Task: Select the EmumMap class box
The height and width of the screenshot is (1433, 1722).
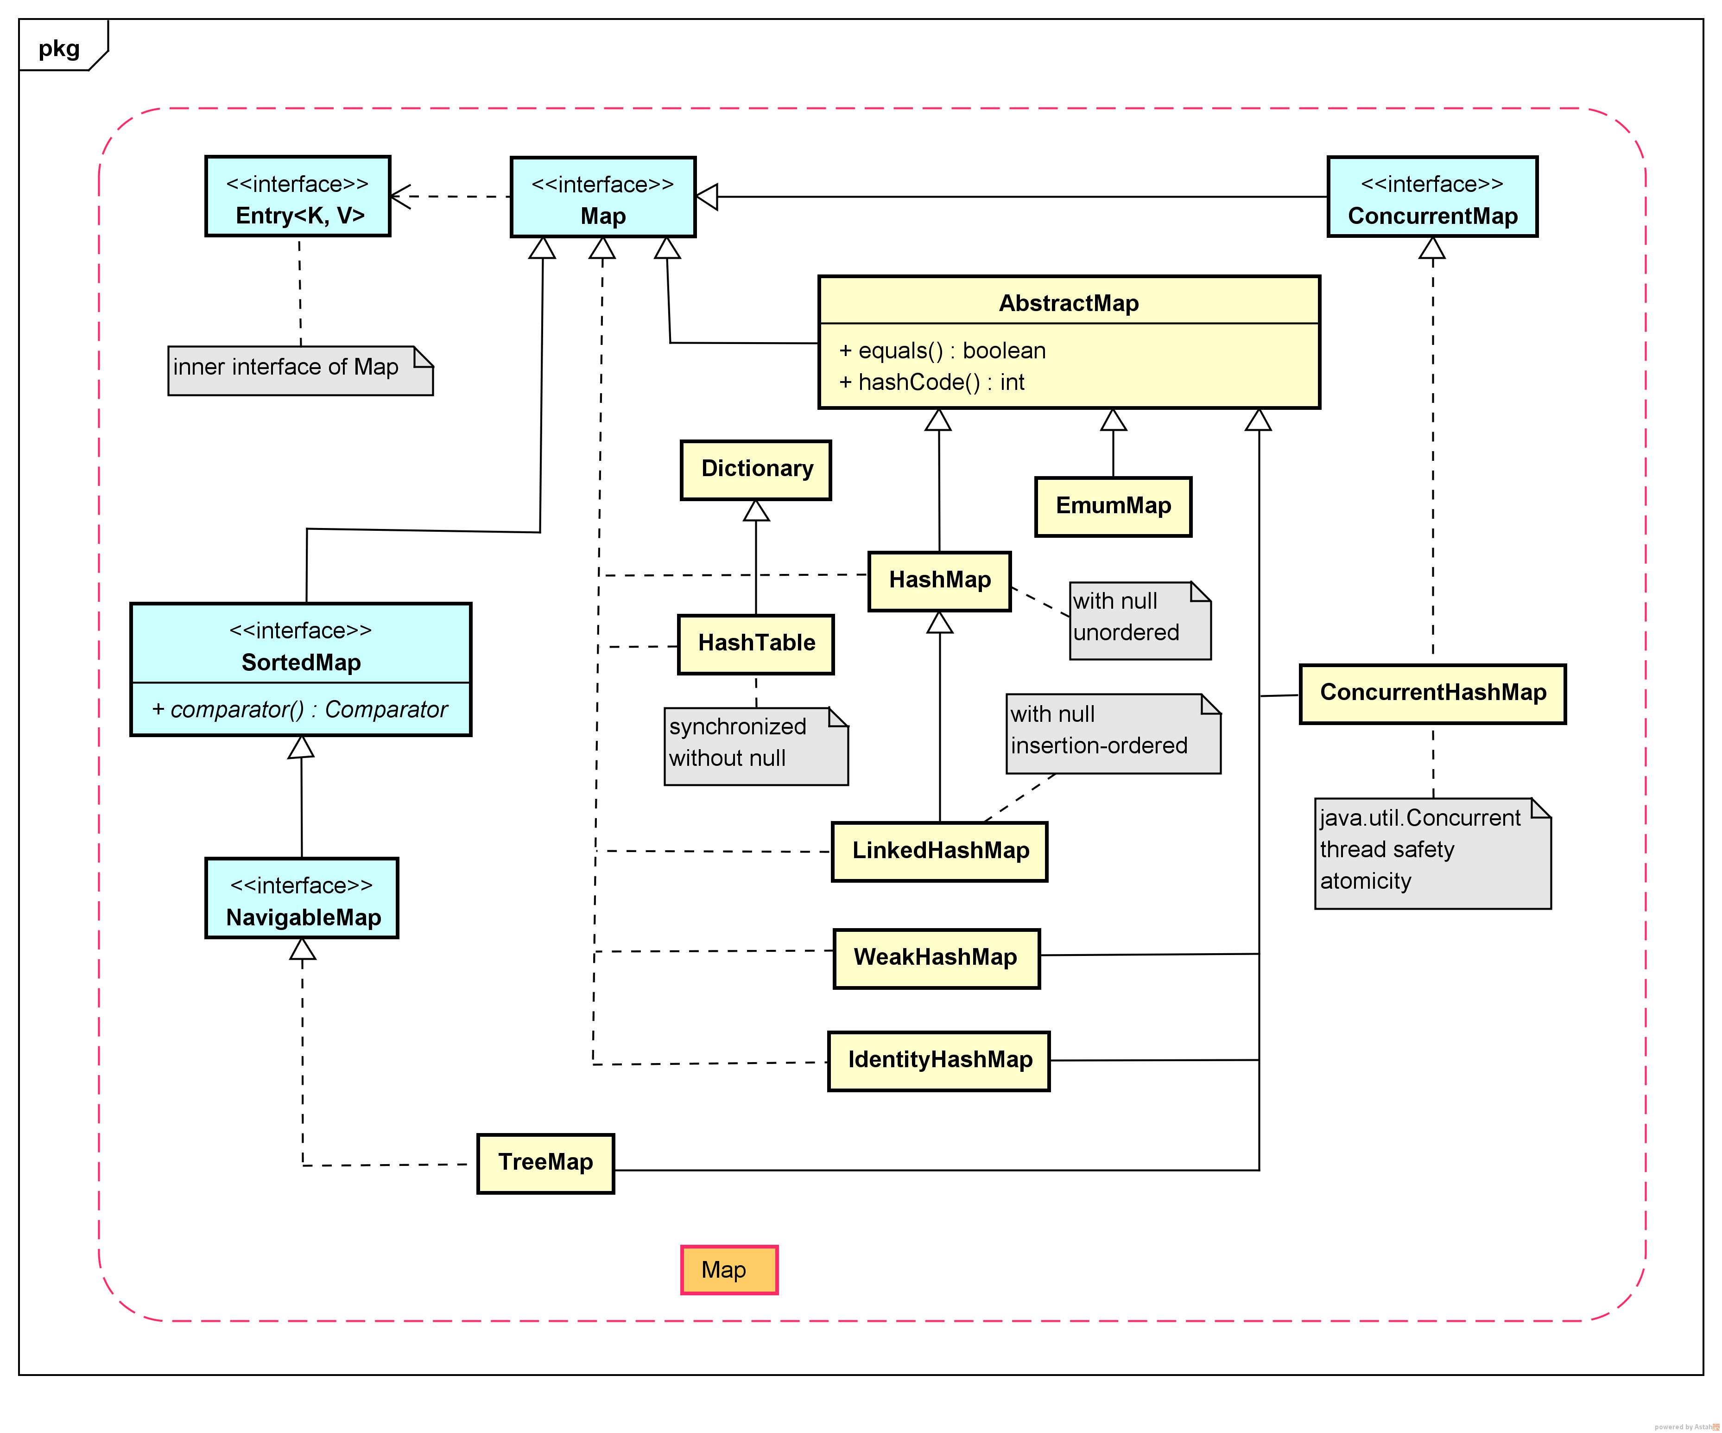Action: coord(1113,506)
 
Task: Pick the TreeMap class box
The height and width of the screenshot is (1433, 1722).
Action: coord(545,1163)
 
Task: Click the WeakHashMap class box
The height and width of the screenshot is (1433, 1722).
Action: coord(936,958)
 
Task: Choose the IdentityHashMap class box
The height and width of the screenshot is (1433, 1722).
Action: coord(939,1061)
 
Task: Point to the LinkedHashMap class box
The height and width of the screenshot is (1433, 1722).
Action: coord(940,852)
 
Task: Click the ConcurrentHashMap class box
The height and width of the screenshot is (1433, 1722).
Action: coord(1432,693)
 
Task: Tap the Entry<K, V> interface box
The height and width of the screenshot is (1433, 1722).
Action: coord(298,197)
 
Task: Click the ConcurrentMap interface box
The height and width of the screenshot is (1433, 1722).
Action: coord(1432,197)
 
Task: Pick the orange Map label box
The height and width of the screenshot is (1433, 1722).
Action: coord(728,1270)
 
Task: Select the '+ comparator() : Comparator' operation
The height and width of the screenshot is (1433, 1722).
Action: coord(300,709)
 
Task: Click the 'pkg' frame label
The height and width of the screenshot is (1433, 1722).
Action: coord(59,48)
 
